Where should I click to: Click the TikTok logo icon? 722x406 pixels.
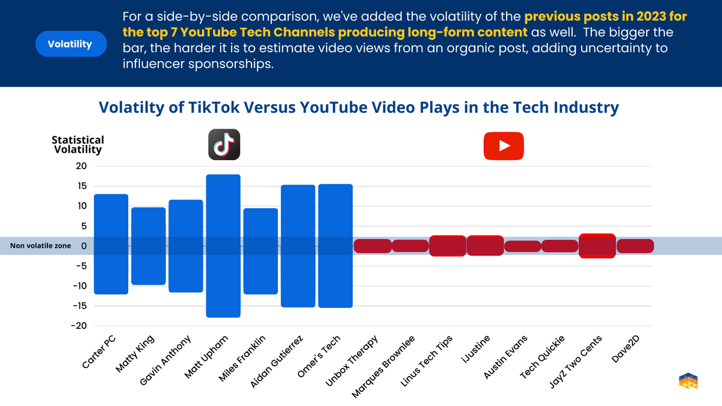224,145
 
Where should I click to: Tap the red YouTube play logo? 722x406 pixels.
504,146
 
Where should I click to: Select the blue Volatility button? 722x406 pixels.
70,45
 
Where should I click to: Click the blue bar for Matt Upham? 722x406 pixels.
223,245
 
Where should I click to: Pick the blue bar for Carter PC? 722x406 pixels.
111,244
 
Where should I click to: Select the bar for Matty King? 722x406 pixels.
149,245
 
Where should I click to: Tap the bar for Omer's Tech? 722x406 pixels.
335,245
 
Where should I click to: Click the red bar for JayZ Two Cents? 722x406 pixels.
597,245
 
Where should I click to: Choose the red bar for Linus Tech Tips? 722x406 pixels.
448,245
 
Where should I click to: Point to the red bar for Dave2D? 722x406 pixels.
635,245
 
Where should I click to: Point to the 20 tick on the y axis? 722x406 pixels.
81,167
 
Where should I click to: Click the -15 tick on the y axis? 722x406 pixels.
78,306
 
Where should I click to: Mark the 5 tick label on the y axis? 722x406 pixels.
84,226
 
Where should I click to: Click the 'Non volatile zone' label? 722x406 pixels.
40,245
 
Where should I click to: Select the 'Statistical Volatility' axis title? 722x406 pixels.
78,144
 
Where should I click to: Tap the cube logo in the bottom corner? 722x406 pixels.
688,382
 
